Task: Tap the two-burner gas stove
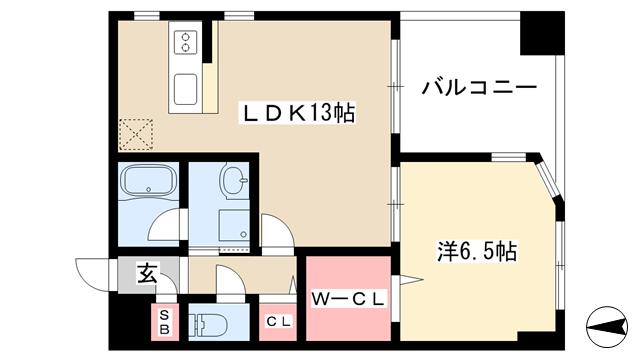click(x=187, y=42)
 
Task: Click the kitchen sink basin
click(x=187, y=90)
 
